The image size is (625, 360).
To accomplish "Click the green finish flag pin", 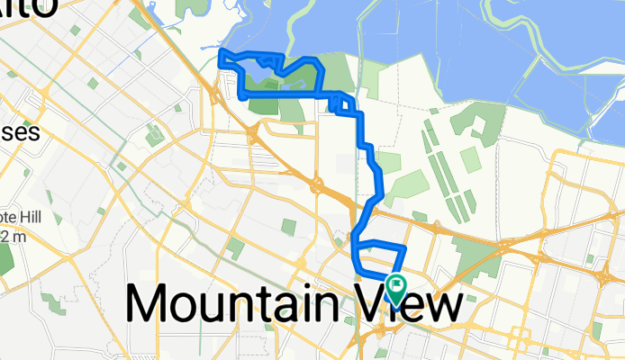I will [396, 287].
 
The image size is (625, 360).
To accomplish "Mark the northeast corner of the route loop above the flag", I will [405, 247].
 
